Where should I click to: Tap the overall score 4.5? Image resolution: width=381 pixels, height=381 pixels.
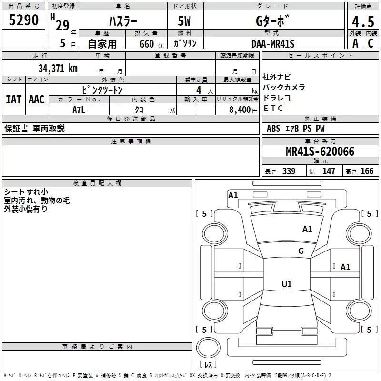click(x=362, y=22)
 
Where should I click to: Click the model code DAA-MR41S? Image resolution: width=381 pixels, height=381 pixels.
click(x=273, y=44)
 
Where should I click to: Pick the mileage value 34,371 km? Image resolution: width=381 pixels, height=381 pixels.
click(x=58, y=68)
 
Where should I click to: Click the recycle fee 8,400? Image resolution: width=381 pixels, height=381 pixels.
click(x=240, y=110)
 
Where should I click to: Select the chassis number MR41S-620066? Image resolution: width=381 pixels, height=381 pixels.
click(x=320, y=151)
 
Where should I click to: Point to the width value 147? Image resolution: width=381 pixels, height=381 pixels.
click(x=329, y=171)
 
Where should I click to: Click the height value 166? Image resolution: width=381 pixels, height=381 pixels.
click(x=367, y=171)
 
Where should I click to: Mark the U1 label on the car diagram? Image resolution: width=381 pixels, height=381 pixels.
click(x=286, y=284)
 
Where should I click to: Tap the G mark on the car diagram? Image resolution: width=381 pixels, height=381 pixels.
click(x=301, y=251)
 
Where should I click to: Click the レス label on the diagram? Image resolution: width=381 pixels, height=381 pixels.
click(x=208, y=364)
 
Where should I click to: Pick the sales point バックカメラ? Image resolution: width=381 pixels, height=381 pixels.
click(x=284, y=88)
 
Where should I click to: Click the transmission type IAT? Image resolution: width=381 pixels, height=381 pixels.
click(x=13, y=99)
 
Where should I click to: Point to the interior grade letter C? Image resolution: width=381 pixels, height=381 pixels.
click(x=370, y=43)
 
